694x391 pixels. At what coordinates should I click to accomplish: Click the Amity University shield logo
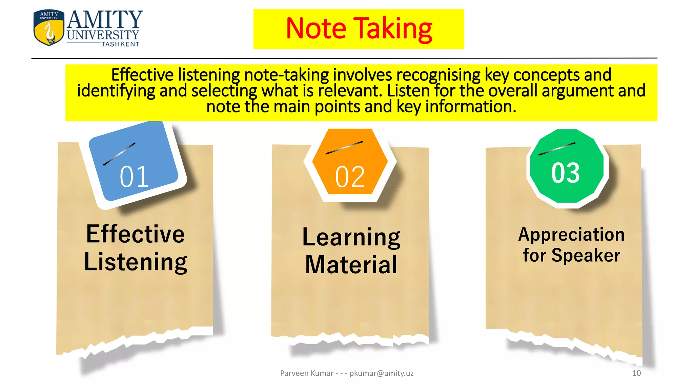tap(49, 28)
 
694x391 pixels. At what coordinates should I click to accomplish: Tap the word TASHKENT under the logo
tap(121, 44)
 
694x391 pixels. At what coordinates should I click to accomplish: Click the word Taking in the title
tap(393, 29)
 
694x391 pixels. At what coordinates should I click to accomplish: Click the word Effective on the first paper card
tap(136, 234)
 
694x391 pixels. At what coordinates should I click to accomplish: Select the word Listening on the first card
tap(136, 262)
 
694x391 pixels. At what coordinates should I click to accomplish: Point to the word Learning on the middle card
tap(351, 237)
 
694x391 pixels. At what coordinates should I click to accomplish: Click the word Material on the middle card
tap(351, 265)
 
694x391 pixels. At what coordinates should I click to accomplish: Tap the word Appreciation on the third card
tap(571, 235)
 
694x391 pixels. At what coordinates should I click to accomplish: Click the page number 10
tap(636, 373)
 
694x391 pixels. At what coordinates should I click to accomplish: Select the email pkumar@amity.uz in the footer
tap(381, 373)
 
